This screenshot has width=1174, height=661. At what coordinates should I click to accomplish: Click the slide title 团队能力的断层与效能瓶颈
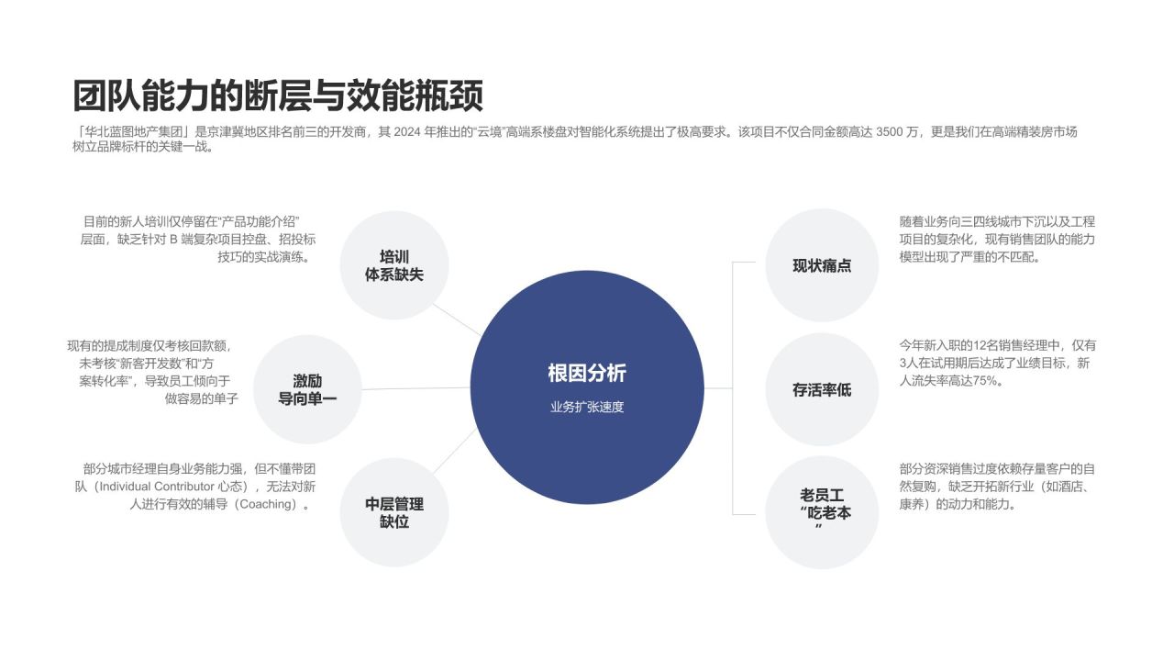pos(278,95)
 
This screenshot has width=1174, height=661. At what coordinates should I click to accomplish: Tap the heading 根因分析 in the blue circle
pos(587,374)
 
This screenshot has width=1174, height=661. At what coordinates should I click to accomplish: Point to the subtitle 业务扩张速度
pos(587,407)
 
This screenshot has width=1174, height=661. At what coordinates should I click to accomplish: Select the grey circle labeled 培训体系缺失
pos(394,265)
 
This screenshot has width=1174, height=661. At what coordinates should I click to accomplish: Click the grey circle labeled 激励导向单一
pos(307,389)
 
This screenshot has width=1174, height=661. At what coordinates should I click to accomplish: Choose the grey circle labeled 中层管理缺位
pos(394,512)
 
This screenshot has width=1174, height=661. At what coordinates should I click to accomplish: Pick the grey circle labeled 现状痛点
pos(822,265)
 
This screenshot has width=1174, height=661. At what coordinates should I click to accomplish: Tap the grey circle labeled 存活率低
pos(822,389)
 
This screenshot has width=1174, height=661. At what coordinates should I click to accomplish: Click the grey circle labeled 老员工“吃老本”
pos(822,512)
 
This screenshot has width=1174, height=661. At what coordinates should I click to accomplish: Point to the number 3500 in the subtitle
pos(890,132)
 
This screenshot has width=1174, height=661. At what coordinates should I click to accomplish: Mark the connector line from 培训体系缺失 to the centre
pos(457,319)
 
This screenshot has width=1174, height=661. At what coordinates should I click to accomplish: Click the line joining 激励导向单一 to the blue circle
pos(416,388)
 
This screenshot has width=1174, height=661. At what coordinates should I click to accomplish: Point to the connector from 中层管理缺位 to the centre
pos(455,451)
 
